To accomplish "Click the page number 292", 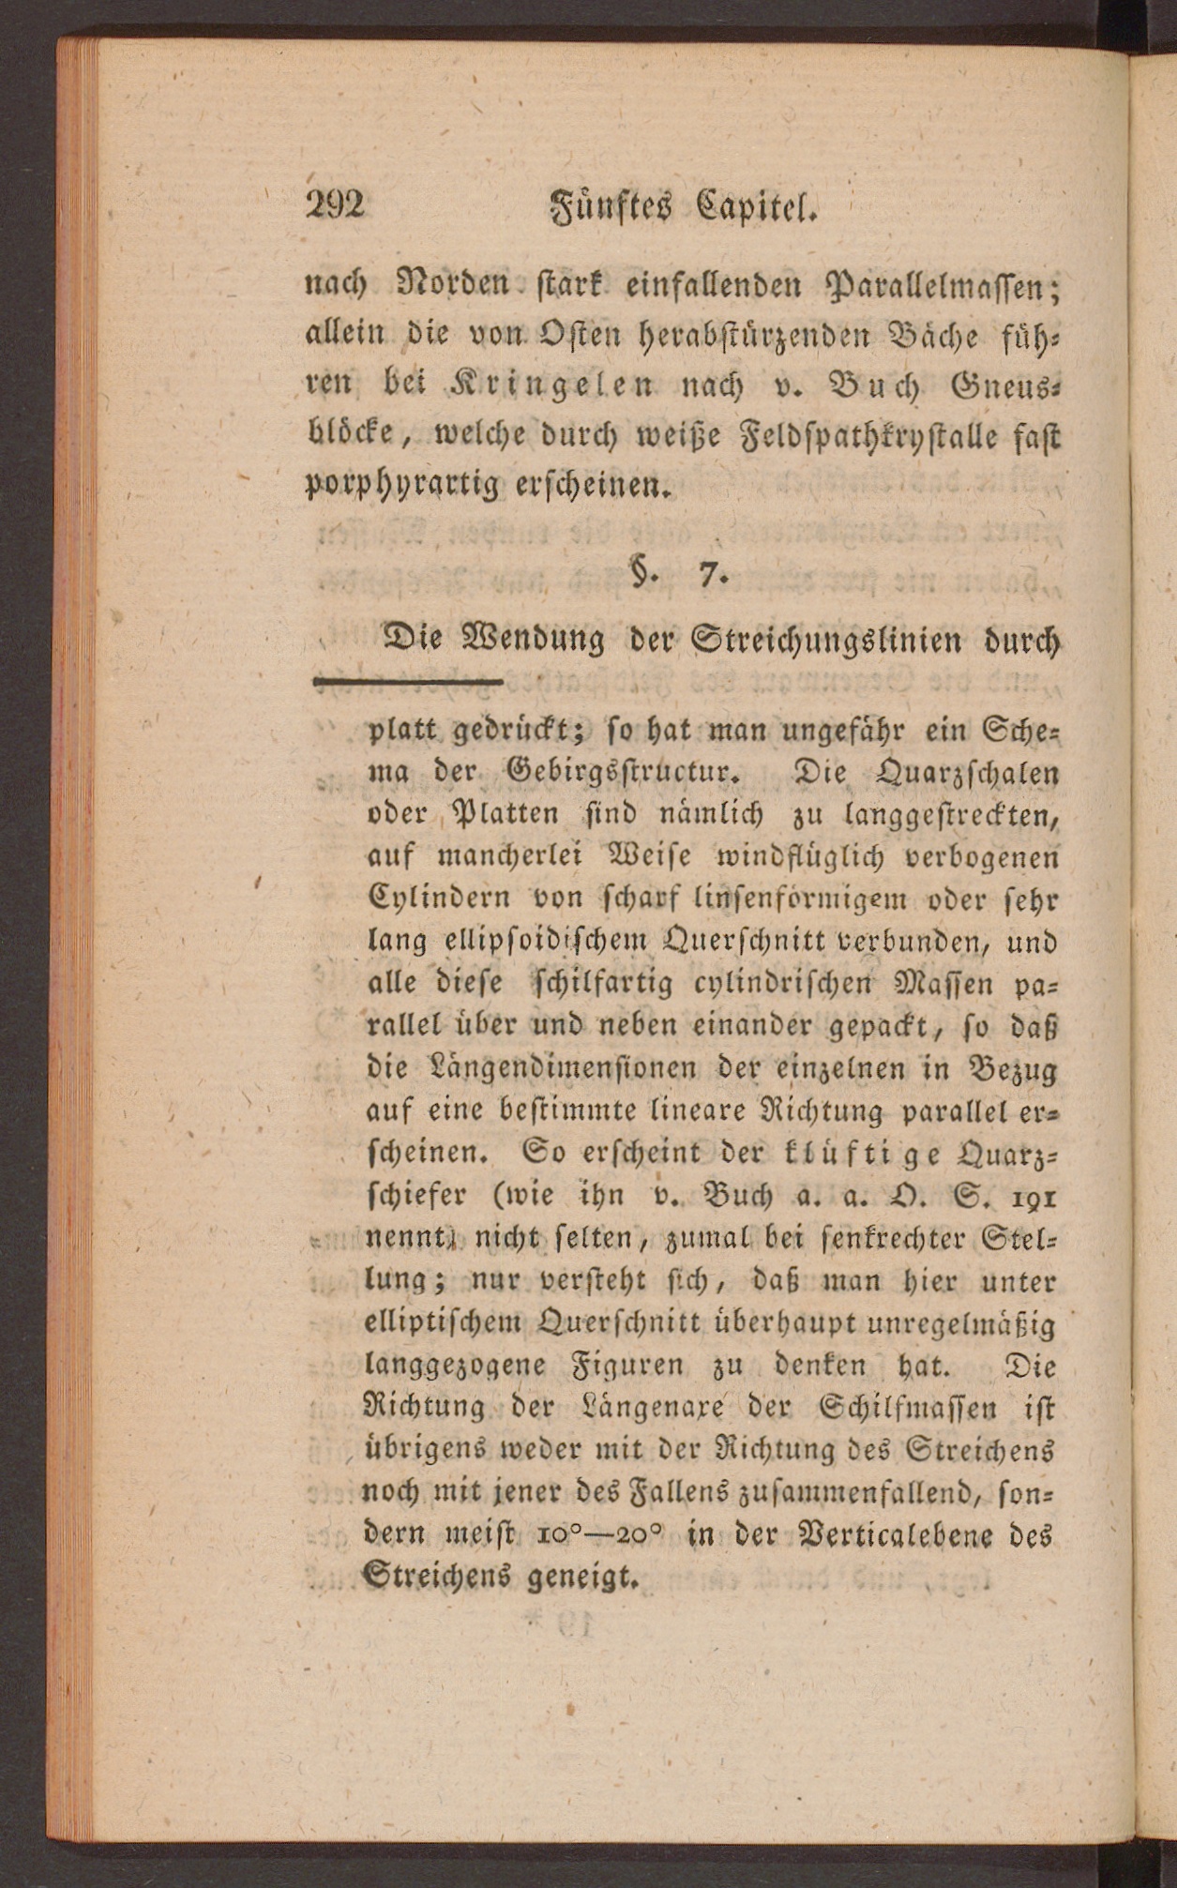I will (x=335, y=204).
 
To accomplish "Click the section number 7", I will (x=711, y=573).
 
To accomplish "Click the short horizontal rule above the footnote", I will (x=408, y=681).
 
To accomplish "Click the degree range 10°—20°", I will (x=600, y=1534).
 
